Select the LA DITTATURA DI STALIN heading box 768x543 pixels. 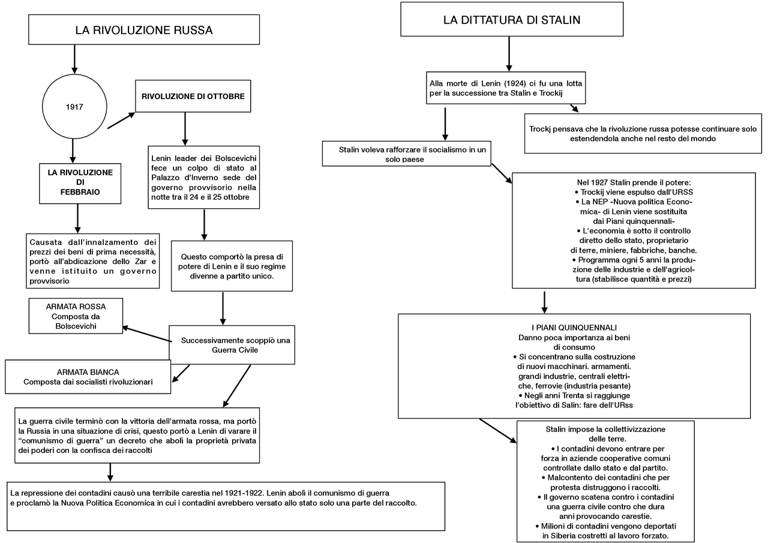click(x=512, y=19)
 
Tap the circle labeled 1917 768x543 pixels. click(x=74, y=107)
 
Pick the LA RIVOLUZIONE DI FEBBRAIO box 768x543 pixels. click(x=80, y=182)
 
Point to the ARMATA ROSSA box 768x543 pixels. click(x=76, y=316)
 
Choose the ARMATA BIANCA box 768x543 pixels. click(x=88, y=377)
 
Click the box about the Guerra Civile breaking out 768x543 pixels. click(x=232, y=344)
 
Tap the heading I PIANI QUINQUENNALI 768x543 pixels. click(x=574, y=328)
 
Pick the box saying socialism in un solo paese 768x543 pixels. click(x=407, y=154)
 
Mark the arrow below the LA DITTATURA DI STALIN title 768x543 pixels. click(x=509, y=53)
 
